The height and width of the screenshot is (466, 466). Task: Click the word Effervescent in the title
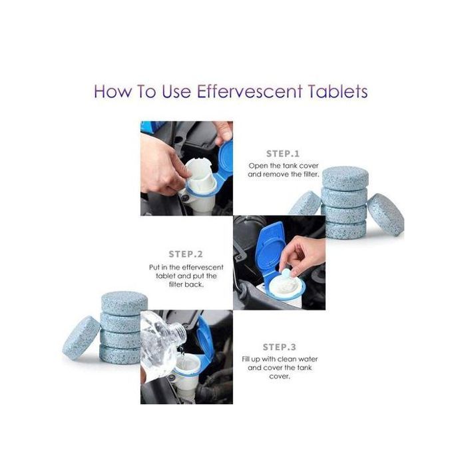coord(250,91)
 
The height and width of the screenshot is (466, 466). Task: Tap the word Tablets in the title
coord(338,91)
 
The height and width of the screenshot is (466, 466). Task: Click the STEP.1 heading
coord(283,154)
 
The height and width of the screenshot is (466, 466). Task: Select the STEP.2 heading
coord(186,254)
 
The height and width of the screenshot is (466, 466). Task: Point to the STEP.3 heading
coord(280,347)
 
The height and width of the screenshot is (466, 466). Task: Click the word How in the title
coord(113,91)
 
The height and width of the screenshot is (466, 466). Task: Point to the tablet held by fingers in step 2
coord(286,273)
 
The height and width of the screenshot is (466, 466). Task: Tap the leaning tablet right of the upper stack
coord(385,214)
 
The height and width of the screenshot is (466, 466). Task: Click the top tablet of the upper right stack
coord(346,178)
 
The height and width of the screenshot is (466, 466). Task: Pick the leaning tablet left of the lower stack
coord(81,338)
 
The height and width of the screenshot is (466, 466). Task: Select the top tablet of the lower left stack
coord(124,303)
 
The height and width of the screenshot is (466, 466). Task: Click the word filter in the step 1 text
coord(311,174)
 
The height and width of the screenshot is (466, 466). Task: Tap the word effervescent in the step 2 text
coord(202,267)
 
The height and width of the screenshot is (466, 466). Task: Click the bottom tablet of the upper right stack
coord(346,230)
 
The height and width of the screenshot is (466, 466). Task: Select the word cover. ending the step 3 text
coord(280,376)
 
